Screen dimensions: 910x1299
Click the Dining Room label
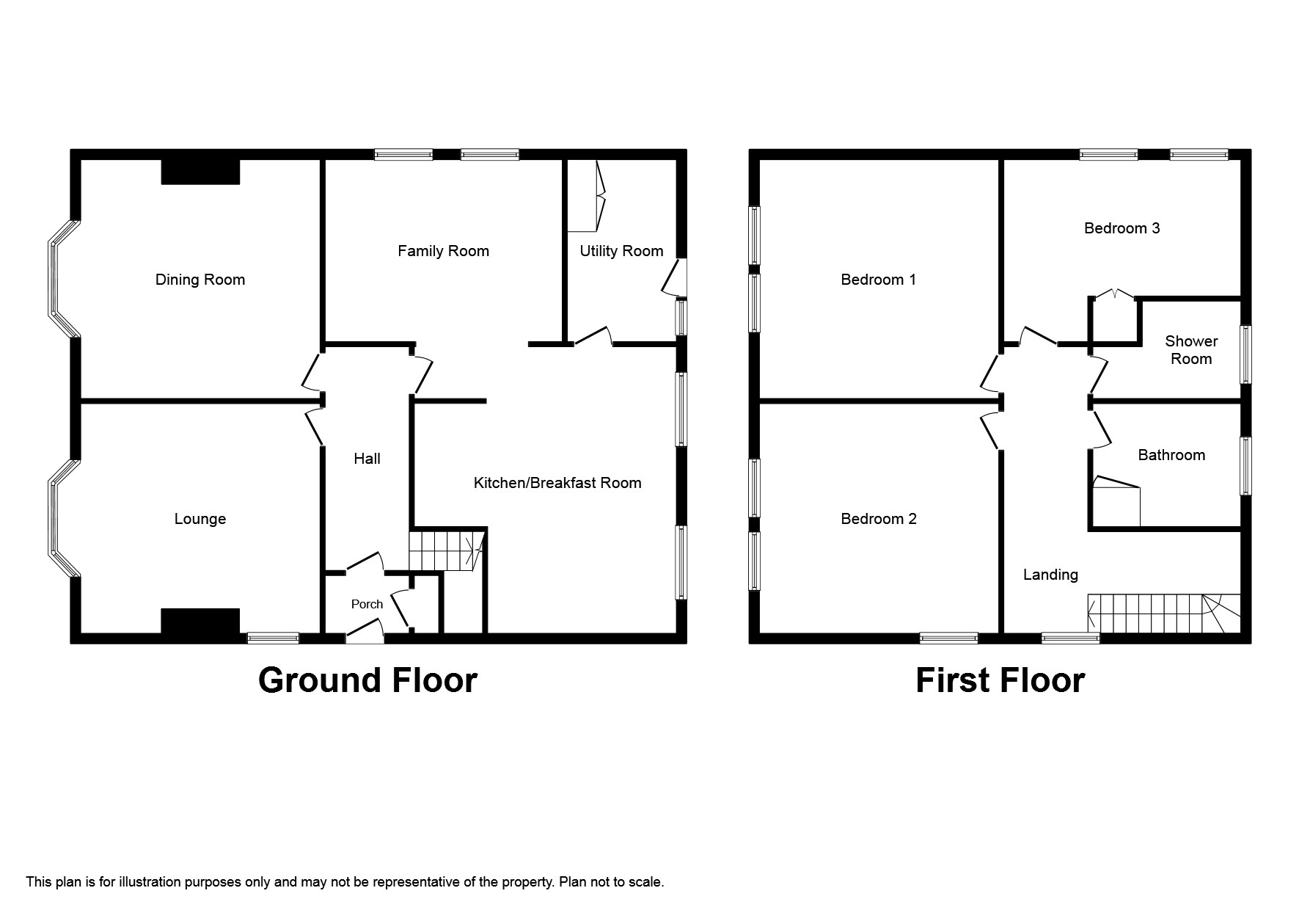tap(200, 280)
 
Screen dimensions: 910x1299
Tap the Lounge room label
tap(200, 519)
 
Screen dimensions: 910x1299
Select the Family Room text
tap(443, 251)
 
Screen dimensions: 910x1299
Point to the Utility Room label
tap(621, 251)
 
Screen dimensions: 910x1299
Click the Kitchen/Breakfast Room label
tap(557, 483)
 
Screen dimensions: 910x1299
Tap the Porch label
tap(367, 604)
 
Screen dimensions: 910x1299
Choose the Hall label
tap(367, 459)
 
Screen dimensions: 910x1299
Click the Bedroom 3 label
tap(1121, 228)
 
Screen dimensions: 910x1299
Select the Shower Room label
tap(1191, 350)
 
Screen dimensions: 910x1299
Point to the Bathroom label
tap(1171, 455)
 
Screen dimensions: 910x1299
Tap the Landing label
tap(1050, 575)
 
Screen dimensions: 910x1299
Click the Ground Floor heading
tap(367, 680)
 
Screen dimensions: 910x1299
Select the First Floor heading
tap(1000, 680)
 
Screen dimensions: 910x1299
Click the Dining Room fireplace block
tap(200, 172)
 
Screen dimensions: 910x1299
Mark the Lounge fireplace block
tap(200, 620)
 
